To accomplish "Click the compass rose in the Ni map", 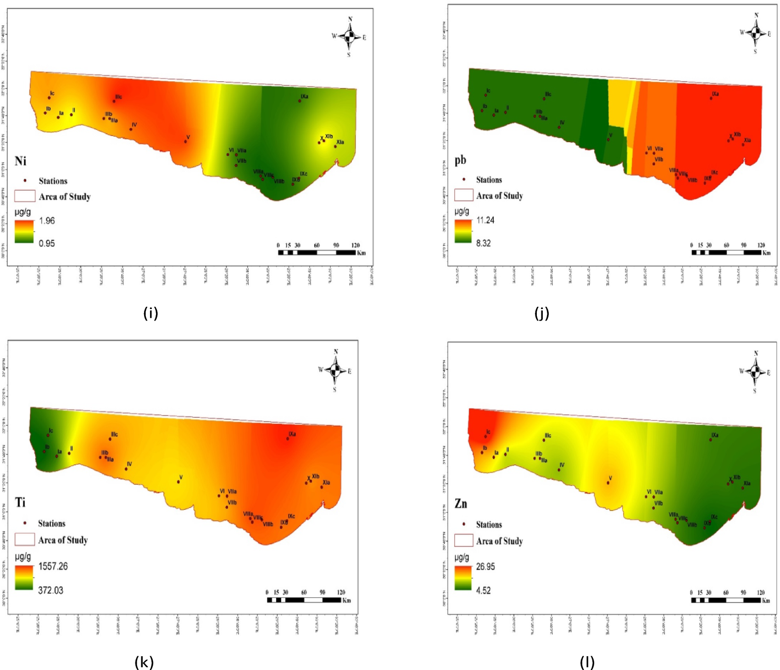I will (x=349, y=36).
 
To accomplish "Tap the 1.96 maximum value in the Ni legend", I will (x=47, y=221).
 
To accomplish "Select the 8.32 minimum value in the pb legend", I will (x=483, y=243).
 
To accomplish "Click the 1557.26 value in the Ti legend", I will (x=53, y=566).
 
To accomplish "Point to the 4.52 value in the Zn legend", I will (x=483, y=590).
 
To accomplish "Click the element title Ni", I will (x=20, y=161).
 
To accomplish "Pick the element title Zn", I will (x=461, y=504).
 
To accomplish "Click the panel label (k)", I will (x=144, y=662).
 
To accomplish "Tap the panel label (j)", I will (x=542, y=313).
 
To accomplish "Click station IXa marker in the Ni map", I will (x=300, y=101).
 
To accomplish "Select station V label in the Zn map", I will (x=610, y=478).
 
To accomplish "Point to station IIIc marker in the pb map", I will (x=544, y=99).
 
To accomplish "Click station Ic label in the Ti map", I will (x=50, y=431).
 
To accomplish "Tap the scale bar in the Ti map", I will (x=304, y=600).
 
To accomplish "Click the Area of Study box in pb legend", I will (x=463, y=195).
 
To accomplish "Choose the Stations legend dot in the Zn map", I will (x=464, y=524).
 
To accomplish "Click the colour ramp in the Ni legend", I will (x=24, y=231).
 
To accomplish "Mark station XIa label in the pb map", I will (x=747, y=140).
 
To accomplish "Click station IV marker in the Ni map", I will (x=131, y=129).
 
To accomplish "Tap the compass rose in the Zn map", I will (x=755, y=371).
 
